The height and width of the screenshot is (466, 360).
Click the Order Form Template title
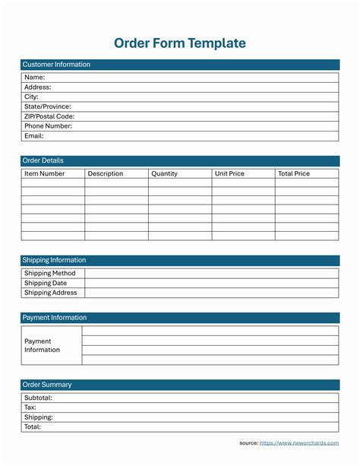pyautogui.click(x=180, y=43)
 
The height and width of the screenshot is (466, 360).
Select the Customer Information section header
pyautogui.click(x=56, y=65)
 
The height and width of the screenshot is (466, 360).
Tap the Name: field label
pyautogui.click(x=35, y=77)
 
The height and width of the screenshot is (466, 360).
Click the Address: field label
pyautogui.click(x=38, y=87)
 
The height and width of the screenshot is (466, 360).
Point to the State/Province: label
pyautogui.click(x=47, y=106)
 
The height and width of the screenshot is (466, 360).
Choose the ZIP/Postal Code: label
pyautogui.click(x=49, y=116)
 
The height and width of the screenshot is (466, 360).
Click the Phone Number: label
pyautogui.click(x=48, y=126)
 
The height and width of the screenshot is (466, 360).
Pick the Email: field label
pyautogui.click(x=34, y=136)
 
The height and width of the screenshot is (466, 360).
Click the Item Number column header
pyautogui.click(x=45, y=173)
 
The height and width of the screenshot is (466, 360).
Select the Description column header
pyautogui.click(x=106, y=173)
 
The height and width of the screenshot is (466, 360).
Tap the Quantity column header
pyautogui.click(x=164, y=173)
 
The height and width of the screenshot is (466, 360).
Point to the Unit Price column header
pyautogui.click(x=229, y=173)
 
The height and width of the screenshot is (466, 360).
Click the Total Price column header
pyautogui.click(x=294, y=173)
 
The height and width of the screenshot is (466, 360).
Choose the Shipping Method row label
pyautogui.click(x=50, y=273)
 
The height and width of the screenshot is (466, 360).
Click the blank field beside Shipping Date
pyautogui.click(x=211, y=283)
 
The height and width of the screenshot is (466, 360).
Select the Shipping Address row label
pyautogui.click(x=51, y=293)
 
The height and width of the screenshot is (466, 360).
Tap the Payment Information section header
pyautogui.click(x=55, y=318)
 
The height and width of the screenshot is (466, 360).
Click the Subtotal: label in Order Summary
pyautogui.click(x=38, y=397)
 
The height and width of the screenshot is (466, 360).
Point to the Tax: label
pyautogui.click(x=30, y=407)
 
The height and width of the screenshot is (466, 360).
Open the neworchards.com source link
pyautogui.click(x=299, y=442)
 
